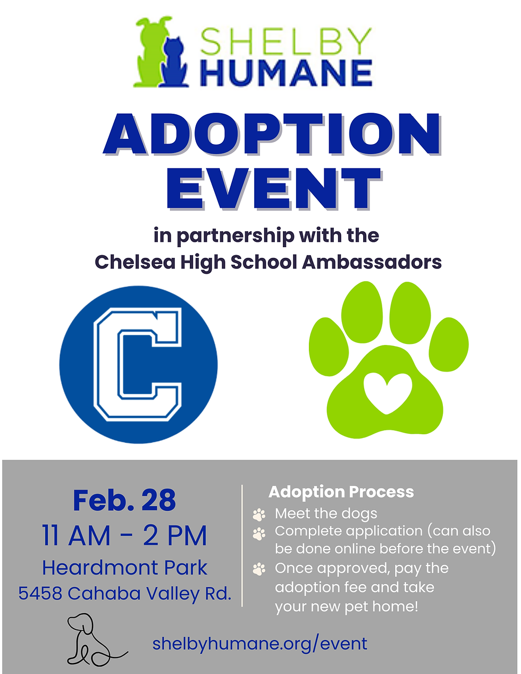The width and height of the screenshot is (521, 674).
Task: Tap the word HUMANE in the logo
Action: [285, 73]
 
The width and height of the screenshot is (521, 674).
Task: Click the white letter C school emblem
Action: [138, 365]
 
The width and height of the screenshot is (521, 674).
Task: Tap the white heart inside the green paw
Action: [388, 392]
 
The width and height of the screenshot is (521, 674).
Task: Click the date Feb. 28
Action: [124, 500]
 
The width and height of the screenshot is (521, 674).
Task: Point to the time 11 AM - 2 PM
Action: [124, 535]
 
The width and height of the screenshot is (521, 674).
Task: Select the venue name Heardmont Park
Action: [124, 568]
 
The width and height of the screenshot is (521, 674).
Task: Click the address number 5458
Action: [40, 593]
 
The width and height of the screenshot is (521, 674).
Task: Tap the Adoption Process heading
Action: [341, 492]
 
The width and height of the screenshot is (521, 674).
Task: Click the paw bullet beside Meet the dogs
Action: [259, 514]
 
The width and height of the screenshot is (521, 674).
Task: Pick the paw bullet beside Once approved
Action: [259, 569]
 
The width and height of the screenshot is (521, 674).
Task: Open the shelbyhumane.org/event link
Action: [259, 644]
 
